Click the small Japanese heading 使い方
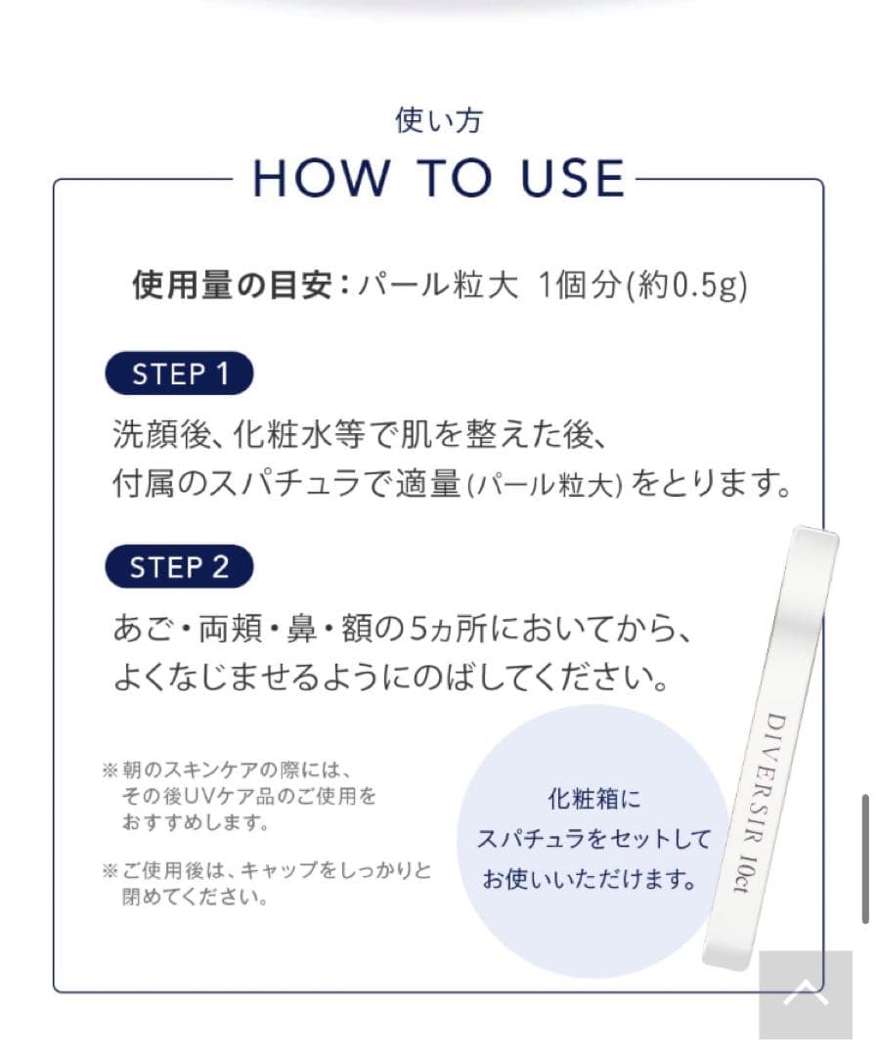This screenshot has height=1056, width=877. point(438,120)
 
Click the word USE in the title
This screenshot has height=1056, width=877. point(573,179)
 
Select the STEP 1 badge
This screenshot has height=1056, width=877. point(179,374)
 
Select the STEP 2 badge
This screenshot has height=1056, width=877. point(179,566)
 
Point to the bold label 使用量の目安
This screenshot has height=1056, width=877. point(232,285)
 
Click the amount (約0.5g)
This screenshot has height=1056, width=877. point(686,286)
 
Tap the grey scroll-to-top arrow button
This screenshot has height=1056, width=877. point(806,994)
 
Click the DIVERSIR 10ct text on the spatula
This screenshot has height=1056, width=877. point(759,802)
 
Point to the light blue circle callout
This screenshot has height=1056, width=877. point(592,841)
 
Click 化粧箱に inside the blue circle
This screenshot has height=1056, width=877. point(594,800)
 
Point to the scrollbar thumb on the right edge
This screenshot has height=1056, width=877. point(865,859)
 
